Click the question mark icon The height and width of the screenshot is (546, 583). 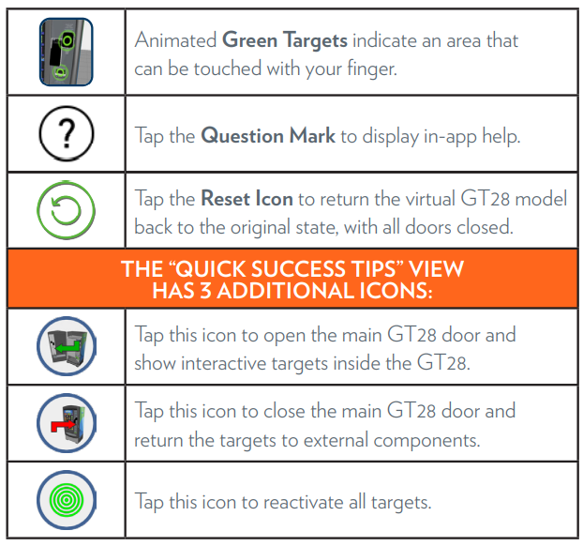point(67,133)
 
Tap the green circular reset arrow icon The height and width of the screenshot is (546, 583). point(67,210)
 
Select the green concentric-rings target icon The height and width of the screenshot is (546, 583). point(67,500)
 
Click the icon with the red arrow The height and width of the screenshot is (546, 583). point(67,423)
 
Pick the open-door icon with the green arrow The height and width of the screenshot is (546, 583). point(67,346)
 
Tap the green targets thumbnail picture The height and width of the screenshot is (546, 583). point(67,53)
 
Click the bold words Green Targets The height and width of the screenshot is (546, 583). point(285,40)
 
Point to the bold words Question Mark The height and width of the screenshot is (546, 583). point(268,135)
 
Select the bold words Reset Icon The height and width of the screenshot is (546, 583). point(247,198)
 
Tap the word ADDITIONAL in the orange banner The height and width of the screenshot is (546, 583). point(285,291)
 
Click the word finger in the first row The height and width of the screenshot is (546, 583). point(372,69)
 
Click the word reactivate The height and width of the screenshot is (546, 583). point(303,502)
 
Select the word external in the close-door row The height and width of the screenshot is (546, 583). point(336,440)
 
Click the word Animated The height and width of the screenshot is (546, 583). point(175,40)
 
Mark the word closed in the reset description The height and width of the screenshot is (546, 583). point(485,227)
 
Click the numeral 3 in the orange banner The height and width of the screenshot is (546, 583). point(206,291)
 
